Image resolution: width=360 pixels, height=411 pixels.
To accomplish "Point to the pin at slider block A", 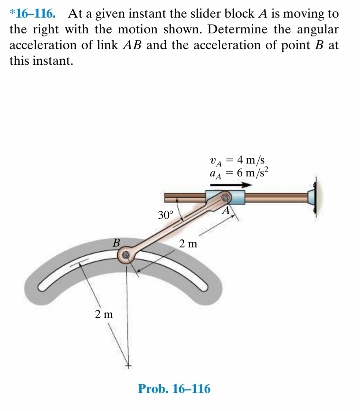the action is coord(226,198).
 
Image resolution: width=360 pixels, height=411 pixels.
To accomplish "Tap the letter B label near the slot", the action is coord(116,242).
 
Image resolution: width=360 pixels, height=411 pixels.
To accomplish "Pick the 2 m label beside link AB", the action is coord(188,243).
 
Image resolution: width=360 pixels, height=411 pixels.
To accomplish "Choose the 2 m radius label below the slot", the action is coord(104,314).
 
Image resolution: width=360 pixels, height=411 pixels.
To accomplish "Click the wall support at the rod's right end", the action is coord(313,198).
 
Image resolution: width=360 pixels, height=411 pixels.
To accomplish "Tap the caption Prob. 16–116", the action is coord(174,389).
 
